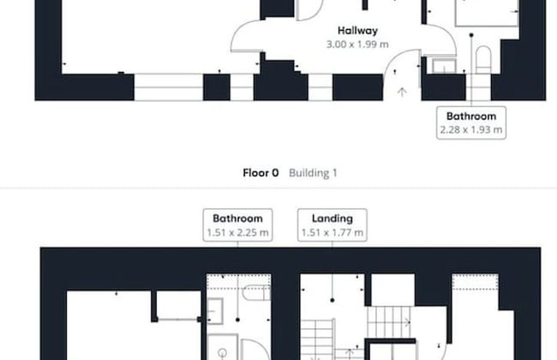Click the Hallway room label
click(357, 31)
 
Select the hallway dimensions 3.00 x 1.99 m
click(357, 45)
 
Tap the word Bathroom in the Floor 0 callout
click(471, 117)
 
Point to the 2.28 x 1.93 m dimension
click(471, 129)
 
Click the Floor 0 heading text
click(261, 173)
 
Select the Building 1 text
click(313, 173)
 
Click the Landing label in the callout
click(332, 219)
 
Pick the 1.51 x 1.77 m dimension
click(332, 232)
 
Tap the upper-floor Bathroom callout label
click(237, 219)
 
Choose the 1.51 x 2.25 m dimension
click(237, 232)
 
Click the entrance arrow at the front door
click(402, 92)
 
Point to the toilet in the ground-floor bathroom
click(483, 59)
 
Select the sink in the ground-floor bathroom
click(444, 66)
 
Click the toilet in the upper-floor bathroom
click(256, 293)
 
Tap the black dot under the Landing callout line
click(332, 300)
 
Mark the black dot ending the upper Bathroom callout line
click(237, 320)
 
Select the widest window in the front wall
click(168, 87)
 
